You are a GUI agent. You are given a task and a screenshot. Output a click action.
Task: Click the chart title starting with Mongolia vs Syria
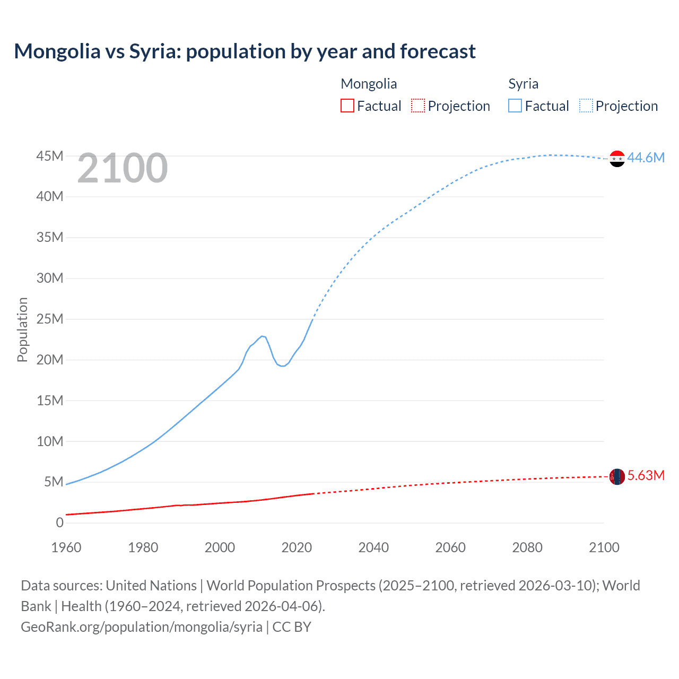[x=245, y=51]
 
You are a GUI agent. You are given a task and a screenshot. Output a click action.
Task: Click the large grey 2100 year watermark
[x=123, y=168]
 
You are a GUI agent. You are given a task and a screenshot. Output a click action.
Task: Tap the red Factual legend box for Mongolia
[x=347, y=106]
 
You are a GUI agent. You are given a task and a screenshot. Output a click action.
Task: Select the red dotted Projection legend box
[x=418, y=106]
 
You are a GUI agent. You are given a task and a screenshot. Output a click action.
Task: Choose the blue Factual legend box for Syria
[x=515, y=106]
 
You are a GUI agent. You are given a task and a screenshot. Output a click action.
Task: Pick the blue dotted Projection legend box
[x=586, y=106]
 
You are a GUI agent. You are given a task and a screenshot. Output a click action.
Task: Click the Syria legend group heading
[x=523, y=84]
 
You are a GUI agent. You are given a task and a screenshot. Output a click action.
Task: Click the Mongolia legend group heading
[x=369, y=84]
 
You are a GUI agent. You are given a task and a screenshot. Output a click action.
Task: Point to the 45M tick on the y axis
[x=50, y=156]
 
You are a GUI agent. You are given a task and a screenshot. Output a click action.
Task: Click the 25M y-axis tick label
[x=50, y=319]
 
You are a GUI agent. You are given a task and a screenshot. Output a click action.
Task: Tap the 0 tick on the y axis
[x=59, y=523]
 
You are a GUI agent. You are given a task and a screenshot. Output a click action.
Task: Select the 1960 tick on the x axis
[x=66, y=547]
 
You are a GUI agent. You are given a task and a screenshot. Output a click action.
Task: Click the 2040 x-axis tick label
[x=373, y=547]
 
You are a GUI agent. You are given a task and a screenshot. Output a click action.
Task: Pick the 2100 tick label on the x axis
[x=604, y=547]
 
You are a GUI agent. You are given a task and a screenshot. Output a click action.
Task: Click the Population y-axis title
[x=22, y=329]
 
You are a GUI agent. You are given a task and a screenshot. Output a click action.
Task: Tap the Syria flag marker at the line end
[x=617, y=159]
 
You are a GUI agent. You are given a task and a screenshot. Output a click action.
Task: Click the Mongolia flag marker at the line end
[x=617, y=476]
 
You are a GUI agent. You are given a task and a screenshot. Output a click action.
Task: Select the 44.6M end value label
[x=646, y=158]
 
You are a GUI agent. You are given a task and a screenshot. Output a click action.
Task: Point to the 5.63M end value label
[x=646, y=475]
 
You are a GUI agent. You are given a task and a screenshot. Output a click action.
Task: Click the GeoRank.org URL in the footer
[x=142, y=627]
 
